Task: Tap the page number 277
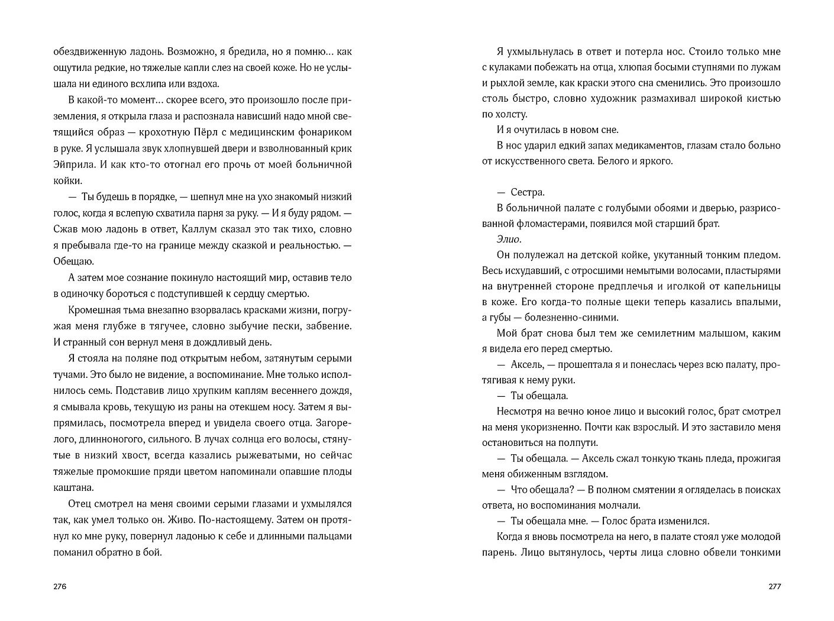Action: (x=774, y=587)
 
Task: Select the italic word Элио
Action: (x=509, y=240)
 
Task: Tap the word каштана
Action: (x=73, y=488)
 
